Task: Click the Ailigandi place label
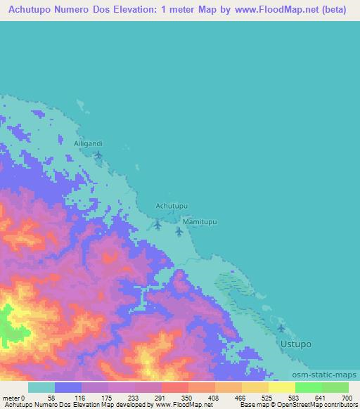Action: (x=89, y=143)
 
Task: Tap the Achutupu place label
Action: (x=172, y=205)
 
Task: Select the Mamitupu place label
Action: (x=200, y=221)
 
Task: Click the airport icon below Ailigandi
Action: (x=98, y=155)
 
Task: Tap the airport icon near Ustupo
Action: (x=282, y=328)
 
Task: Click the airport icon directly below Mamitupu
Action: (x=179, y=231)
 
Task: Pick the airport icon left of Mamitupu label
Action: (x=157, y=225)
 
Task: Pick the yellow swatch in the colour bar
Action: (x=281, y=387)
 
